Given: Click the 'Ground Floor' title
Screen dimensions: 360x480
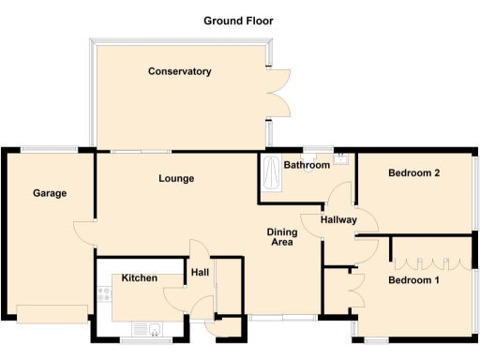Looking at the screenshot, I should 239,20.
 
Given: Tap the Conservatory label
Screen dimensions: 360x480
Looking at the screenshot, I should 179,71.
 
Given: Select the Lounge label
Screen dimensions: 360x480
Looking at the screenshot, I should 176,178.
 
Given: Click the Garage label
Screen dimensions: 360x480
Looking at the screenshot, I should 50,193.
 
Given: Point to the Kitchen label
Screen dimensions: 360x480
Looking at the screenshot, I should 139,278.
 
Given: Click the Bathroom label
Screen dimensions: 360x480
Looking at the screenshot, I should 307,165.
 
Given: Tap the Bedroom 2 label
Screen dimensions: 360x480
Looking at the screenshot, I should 414,172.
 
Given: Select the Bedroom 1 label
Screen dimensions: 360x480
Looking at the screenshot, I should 414,280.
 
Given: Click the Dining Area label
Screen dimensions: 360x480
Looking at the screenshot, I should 280,236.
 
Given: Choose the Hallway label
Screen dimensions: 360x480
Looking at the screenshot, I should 338,220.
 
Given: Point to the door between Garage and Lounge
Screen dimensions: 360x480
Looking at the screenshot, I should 88,232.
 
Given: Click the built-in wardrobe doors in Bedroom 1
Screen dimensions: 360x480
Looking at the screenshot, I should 429,250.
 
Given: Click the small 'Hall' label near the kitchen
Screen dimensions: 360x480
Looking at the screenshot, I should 200,273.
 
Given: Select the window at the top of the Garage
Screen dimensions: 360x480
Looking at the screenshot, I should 50,149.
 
